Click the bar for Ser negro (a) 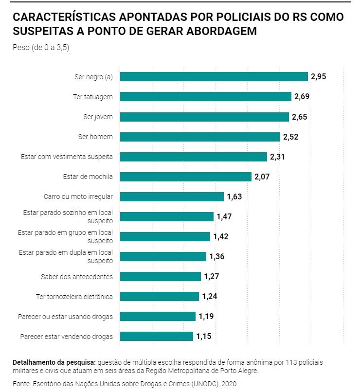point(214,76)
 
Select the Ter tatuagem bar point(206,96)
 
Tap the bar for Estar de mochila point(186,177)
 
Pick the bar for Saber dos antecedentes point(161,276)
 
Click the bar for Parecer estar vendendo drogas point(157,336)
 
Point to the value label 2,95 point(319,76)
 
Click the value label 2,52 point(290,137)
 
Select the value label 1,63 point(234,196)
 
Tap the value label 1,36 point(216,256)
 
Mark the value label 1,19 point(206,316)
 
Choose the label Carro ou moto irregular point(78,196)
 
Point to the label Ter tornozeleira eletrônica point(74,296)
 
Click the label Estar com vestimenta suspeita point(67,157)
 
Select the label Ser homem point(96,137)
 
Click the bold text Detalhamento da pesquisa point(54,363)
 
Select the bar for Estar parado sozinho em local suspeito point(167,216)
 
